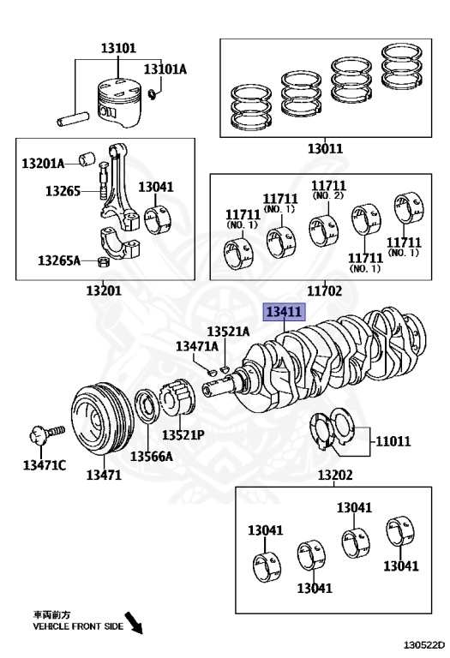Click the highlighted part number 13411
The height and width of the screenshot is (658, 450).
pos(284,312)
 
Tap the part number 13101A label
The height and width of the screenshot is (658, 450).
pos(165,69)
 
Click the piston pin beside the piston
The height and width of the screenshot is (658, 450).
pos(73,119)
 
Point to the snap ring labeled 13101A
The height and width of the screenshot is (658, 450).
pos(153,94)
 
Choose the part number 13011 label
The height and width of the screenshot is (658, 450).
pos(325,148)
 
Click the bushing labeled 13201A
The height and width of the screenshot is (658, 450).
pos(87,159)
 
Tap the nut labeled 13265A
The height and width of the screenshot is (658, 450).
pos(103,262)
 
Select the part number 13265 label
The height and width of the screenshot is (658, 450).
pos(63,191)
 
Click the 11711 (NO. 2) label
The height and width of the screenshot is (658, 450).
pos(328,189)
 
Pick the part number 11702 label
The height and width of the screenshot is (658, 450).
pos(325,290)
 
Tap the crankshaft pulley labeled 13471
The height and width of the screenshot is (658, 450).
pos(102,418)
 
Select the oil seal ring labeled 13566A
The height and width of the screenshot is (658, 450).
pos(147,406)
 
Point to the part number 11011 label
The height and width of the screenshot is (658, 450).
pos(393,441)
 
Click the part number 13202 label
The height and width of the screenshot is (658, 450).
pos(334,475)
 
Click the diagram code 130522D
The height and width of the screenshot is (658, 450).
pos(424,645)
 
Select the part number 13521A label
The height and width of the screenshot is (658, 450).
pos(228,332)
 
